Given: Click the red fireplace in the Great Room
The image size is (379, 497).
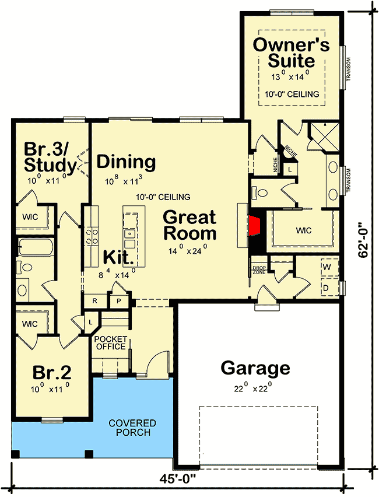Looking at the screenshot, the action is [254, 226].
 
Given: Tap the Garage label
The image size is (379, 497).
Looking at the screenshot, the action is [255, 368].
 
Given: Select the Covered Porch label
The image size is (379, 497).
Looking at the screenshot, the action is [132, 428].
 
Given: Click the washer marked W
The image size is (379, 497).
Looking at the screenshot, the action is [329, 267].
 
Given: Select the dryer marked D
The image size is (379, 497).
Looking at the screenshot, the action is [329, 288].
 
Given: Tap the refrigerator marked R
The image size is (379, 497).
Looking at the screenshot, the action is [94, 301].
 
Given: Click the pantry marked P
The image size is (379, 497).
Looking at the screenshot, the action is [119, 301].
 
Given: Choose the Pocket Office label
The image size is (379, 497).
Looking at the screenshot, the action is [111, 343].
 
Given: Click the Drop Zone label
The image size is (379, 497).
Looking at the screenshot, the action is [259, 270].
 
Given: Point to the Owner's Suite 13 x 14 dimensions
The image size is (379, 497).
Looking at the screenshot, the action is [290, 76].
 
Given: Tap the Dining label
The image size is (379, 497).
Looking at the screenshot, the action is [126, 162].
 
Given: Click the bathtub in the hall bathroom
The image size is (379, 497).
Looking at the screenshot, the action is [34, 247].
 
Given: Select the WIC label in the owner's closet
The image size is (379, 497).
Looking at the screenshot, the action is [304, 230].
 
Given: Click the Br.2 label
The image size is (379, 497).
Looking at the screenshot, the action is [52, 373].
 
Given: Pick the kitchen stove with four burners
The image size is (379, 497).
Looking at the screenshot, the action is [91, 237].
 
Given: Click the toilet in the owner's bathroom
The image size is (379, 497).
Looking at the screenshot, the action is [260, 192].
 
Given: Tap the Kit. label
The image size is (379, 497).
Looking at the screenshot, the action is [118, 257].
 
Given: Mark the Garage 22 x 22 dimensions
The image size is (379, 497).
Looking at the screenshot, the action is [253, 387].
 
